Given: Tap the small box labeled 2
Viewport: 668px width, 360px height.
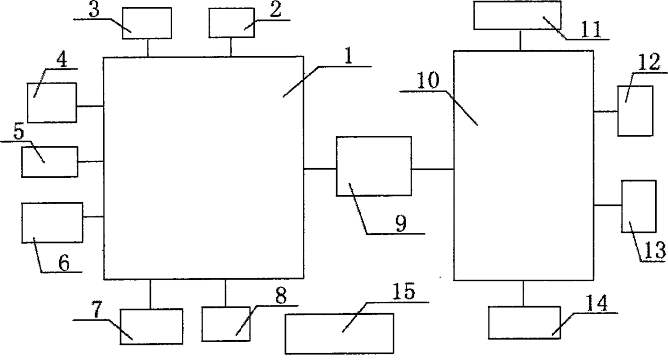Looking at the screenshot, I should tap(231, 23).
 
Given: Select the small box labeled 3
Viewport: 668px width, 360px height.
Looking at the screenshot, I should tap(147, 23).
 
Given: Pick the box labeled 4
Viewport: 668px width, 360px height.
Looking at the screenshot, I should tap(52, 102).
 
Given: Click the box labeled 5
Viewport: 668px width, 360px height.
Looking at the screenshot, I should tap(49, 161).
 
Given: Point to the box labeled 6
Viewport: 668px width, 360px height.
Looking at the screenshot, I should tap(52, 223).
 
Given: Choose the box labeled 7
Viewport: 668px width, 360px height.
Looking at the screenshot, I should tap(151, 326).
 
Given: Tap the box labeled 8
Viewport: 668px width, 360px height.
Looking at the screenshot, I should tap(226, 323).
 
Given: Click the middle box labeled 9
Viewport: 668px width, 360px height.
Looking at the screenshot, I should tap(373, 166).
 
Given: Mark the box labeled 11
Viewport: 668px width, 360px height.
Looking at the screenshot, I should tap(517, 15).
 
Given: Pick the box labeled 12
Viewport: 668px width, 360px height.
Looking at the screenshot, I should tap(635, 110).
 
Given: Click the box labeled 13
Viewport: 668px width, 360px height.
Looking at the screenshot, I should tap(639, 206).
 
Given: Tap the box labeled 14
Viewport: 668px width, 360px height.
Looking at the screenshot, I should tap(524, 322).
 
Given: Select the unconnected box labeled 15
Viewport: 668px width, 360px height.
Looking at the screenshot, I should tap(339, 334).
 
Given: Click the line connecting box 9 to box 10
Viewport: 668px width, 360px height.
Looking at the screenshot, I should tap(432, 169).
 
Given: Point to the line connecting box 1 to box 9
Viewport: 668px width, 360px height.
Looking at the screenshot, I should tap(320, 169).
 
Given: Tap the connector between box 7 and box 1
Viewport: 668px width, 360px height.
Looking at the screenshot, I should tap(150, 294).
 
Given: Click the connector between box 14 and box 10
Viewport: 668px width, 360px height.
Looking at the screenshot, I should tap(523, 293).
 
